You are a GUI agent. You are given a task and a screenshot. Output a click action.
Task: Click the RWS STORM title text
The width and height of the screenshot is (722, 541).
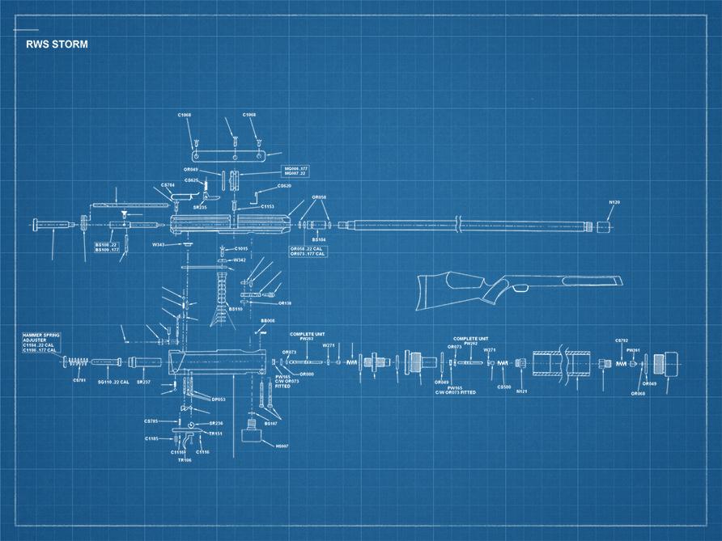coord(56,44)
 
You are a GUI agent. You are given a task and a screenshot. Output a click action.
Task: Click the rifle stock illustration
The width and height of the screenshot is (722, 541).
coord(518,287)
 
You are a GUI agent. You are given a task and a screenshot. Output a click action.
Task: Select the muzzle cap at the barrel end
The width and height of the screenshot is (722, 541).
coord(602,227)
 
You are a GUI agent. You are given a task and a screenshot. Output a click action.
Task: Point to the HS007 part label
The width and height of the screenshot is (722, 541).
coord(282,446)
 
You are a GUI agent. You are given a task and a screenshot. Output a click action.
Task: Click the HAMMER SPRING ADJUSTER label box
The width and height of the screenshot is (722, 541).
coord(40,343)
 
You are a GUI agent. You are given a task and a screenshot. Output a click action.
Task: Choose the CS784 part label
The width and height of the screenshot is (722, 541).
coord(168,185)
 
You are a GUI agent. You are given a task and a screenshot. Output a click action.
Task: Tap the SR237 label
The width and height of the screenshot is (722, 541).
coord(142,382)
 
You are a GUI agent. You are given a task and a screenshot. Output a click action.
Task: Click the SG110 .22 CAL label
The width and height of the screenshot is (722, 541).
coord(113,382)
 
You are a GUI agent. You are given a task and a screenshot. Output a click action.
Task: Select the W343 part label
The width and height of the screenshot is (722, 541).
coord(159,244)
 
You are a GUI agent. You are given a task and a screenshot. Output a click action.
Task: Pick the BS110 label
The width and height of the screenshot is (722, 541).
coord(236,308)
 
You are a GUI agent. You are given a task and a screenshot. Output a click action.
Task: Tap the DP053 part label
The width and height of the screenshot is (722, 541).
coord(219,399)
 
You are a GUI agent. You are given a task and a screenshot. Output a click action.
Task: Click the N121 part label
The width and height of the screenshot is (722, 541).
coord(522,391)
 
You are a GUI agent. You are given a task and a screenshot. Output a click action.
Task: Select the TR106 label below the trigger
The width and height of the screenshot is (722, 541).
coord(185,460)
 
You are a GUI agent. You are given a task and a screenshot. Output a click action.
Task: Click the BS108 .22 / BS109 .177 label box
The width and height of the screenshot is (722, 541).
coord(108,247)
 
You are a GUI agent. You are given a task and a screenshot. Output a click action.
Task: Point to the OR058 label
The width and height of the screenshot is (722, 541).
coord(320,197)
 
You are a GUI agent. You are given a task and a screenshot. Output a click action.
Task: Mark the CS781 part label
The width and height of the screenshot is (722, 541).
coord(79,380)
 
